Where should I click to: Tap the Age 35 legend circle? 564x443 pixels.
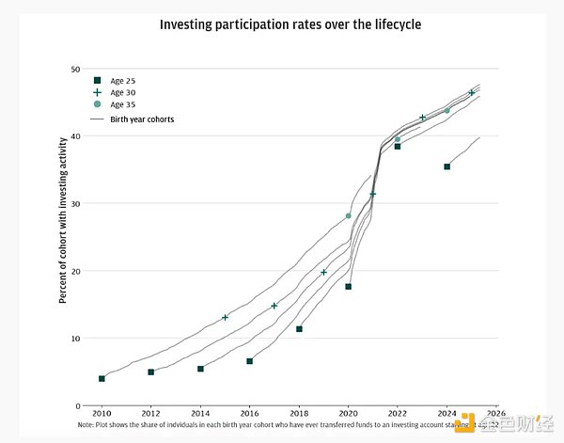[x=97, y=105]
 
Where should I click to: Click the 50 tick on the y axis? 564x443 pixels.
[x=74, y=70]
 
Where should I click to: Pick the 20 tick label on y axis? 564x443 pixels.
[x=74, y=271]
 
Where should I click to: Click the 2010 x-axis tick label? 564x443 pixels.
[x=102, y=414]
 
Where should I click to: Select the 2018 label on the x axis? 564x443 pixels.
[x=299, y=414]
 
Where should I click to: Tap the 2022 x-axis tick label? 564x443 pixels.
[x=398, y=414]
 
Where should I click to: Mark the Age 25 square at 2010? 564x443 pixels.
[x=102, y=378]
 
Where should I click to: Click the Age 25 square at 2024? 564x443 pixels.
[x=447, y=166]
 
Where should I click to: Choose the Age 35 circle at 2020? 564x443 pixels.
[x=349, y=216]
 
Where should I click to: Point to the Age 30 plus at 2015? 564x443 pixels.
[x=225, y=318]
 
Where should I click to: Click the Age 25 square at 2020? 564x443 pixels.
[x=349, y=287]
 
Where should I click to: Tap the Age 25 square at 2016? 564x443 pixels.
[x=250, y=361]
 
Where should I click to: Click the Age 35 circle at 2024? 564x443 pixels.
[x=447, y=111]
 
